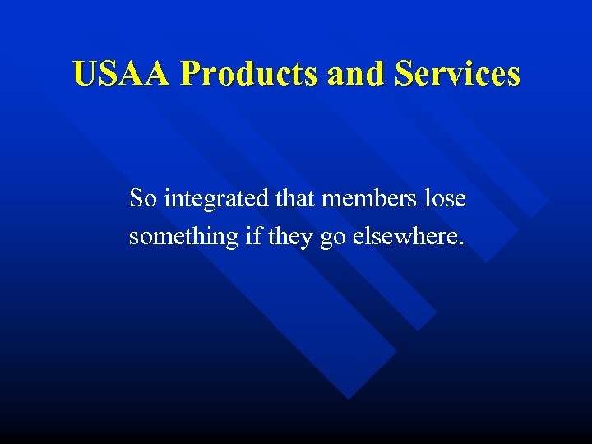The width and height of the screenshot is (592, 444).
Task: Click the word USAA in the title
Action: pyautogui.click(x=123, y=73)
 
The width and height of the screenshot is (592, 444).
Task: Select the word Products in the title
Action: pyautogui.click(x=249, y=73)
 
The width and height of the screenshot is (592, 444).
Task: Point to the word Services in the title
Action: pyautogui.click(x=457, y=73)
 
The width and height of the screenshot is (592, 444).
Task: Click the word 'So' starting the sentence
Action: pyautogui.click(x=142, y=199)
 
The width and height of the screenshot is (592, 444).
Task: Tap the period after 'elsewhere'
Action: pyautogui.click(x=462, y=243)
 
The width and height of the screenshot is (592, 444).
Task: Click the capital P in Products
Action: pyautogui.click(x=189, y=73)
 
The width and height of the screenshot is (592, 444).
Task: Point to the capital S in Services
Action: pyautogui.click(x=404, y=73)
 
